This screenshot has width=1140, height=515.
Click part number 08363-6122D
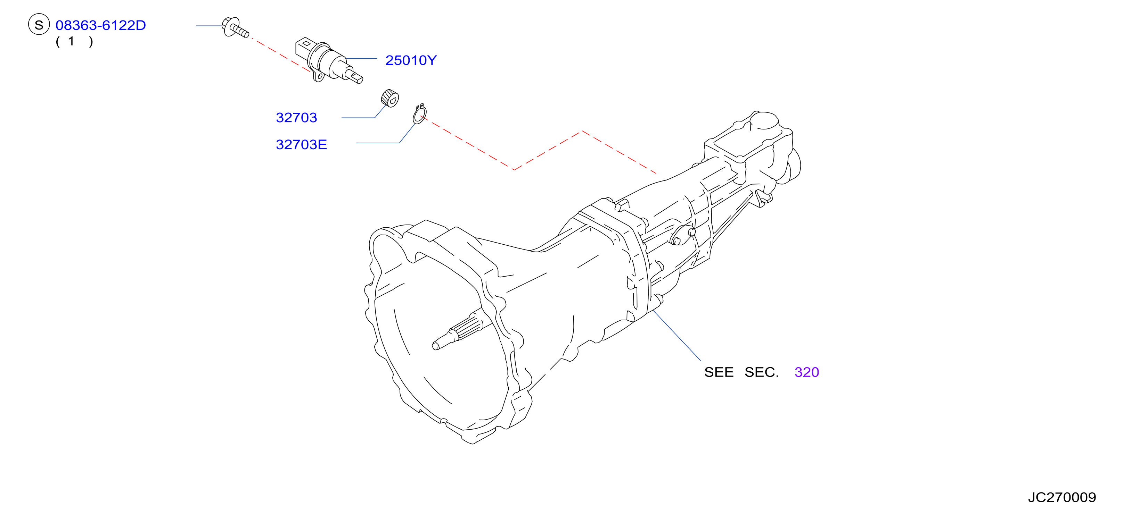pos(100,25)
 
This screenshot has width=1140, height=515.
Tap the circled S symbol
pos(39,24)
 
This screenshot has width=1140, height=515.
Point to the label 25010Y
pos(411,60)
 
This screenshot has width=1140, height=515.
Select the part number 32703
pos(296,118)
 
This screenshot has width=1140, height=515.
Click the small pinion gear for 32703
pos(390,98)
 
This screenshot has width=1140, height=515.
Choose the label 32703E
pos(301,145)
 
